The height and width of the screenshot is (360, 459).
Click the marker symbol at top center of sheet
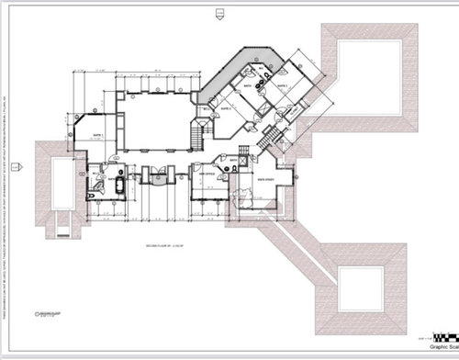218,12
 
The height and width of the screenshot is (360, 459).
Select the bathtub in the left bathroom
117,185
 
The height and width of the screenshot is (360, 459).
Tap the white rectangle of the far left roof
56,183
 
